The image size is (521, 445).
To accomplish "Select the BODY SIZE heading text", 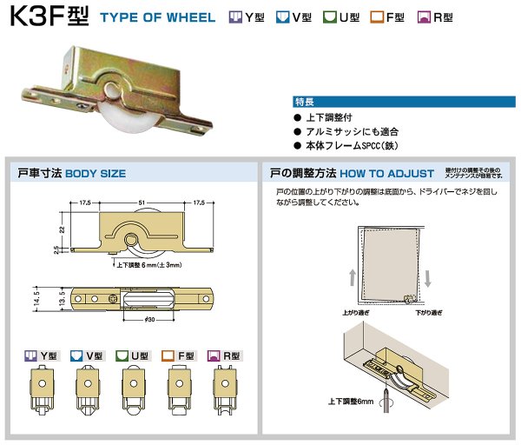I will coord(96,174).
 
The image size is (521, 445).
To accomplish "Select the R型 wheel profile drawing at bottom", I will coord(223,392).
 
